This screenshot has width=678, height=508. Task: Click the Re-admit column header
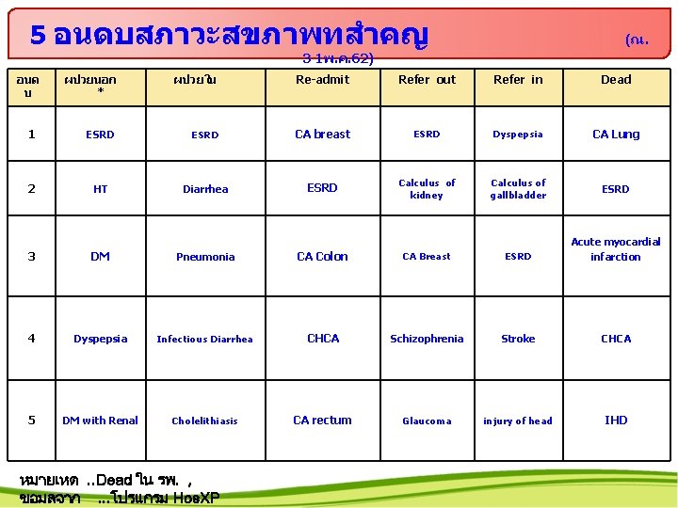[322, 80]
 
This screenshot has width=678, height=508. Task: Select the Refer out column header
[427, 80]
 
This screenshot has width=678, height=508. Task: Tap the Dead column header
[616, 80]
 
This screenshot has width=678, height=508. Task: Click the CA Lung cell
[616, 135]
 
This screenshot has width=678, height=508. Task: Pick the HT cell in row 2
[100, 189]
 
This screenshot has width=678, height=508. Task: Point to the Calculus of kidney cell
[427, 189]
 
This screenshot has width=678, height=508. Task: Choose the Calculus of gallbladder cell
[518, 189]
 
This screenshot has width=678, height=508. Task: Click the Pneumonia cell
[204, 257]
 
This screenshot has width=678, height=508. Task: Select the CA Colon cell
[322, 257]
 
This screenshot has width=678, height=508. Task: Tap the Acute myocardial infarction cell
[616, 249]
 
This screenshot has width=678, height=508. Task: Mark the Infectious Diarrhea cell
[204, 340]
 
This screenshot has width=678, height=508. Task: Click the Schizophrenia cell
[427, 339]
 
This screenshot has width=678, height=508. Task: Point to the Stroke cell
[518, 339]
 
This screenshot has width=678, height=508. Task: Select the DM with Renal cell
[100, 421]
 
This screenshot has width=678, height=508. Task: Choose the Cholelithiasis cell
[204, 421]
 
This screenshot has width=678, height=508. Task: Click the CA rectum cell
[322, 421]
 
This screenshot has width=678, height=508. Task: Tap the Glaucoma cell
[427, 421]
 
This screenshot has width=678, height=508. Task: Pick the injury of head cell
[518, 421]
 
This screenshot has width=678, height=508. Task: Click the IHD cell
[616, 421]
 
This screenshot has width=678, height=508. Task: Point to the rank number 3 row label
[32, 257]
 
